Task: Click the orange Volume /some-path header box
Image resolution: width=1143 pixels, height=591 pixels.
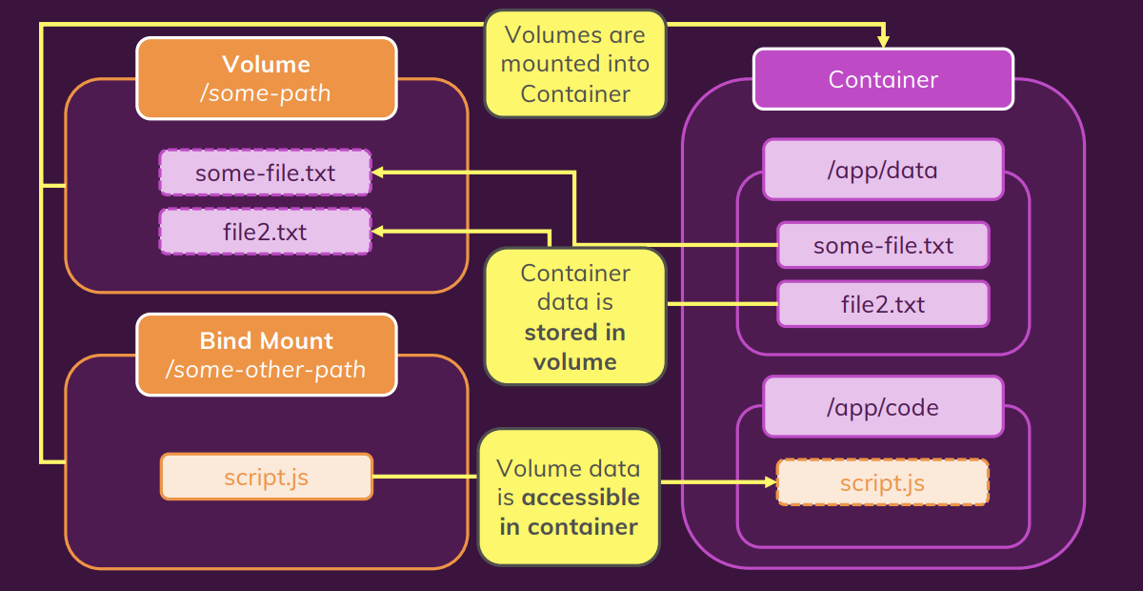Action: coord(266,78)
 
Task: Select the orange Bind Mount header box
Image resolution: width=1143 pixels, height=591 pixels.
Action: coord(266,355)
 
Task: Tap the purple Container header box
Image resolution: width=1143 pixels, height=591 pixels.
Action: coord(883,79)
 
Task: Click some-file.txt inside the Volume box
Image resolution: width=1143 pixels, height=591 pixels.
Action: coord(265,173)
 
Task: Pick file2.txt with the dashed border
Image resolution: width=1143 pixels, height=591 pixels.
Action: coord(265,232)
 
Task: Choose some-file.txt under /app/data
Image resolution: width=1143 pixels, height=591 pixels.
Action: coord(883,246)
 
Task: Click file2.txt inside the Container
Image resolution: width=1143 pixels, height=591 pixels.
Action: coord(883,305)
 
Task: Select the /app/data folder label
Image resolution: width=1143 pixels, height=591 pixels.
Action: coord(883,170)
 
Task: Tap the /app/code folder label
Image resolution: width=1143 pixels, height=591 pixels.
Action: coord(883,408)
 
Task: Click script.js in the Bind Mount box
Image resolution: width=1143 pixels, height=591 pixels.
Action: coord(266,477)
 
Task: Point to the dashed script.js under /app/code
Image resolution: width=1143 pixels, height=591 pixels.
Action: coord(883,483)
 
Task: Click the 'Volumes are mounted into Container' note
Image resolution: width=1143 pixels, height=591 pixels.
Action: coord(574,64)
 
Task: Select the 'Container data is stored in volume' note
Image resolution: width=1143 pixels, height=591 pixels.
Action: coord(574,317)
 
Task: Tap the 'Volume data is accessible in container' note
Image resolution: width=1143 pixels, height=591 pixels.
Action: coord(569,497)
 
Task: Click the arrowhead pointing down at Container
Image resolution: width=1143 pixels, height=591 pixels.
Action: coord(883,41)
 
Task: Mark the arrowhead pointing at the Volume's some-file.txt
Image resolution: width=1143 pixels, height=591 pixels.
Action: coord(378,173)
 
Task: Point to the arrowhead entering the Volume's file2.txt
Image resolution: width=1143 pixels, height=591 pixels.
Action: coord(378,231)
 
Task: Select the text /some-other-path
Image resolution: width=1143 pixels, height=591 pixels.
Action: coord(266,370)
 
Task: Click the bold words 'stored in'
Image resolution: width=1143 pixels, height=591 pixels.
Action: coord(574,333)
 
